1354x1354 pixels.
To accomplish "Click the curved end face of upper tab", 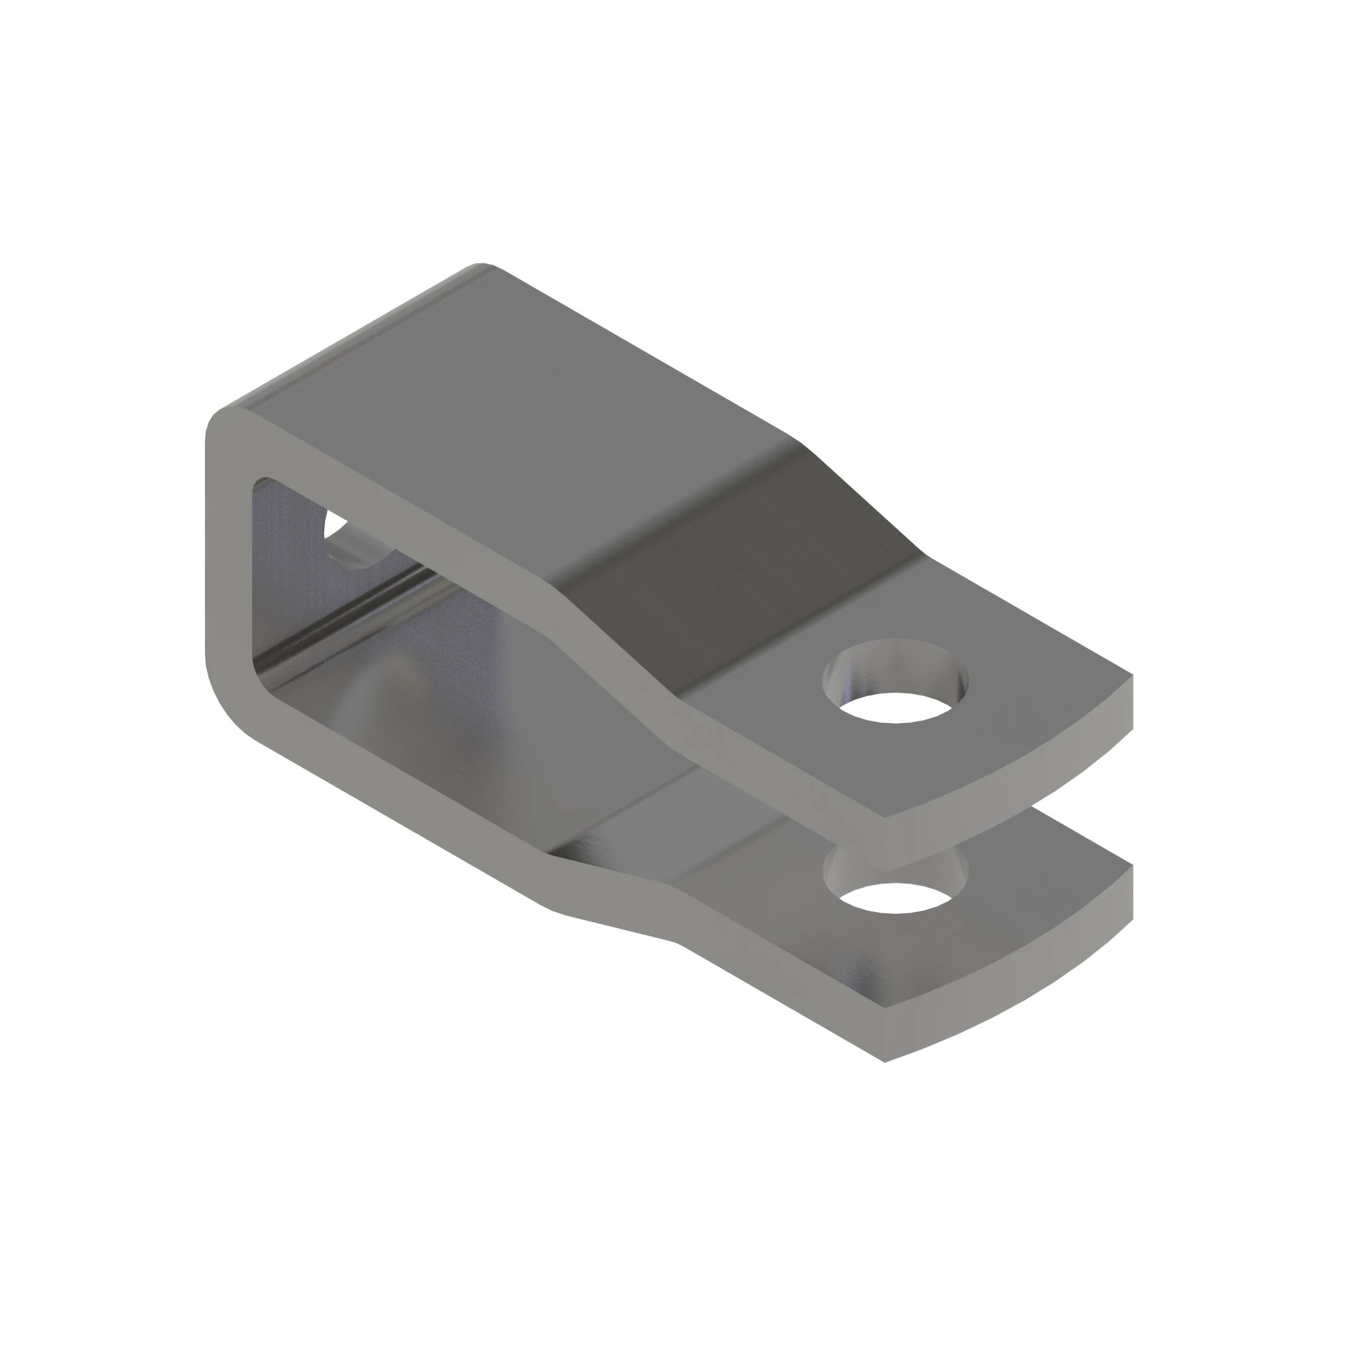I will coord(1016,764).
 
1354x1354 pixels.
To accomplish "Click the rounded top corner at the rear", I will coord(480,267).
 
